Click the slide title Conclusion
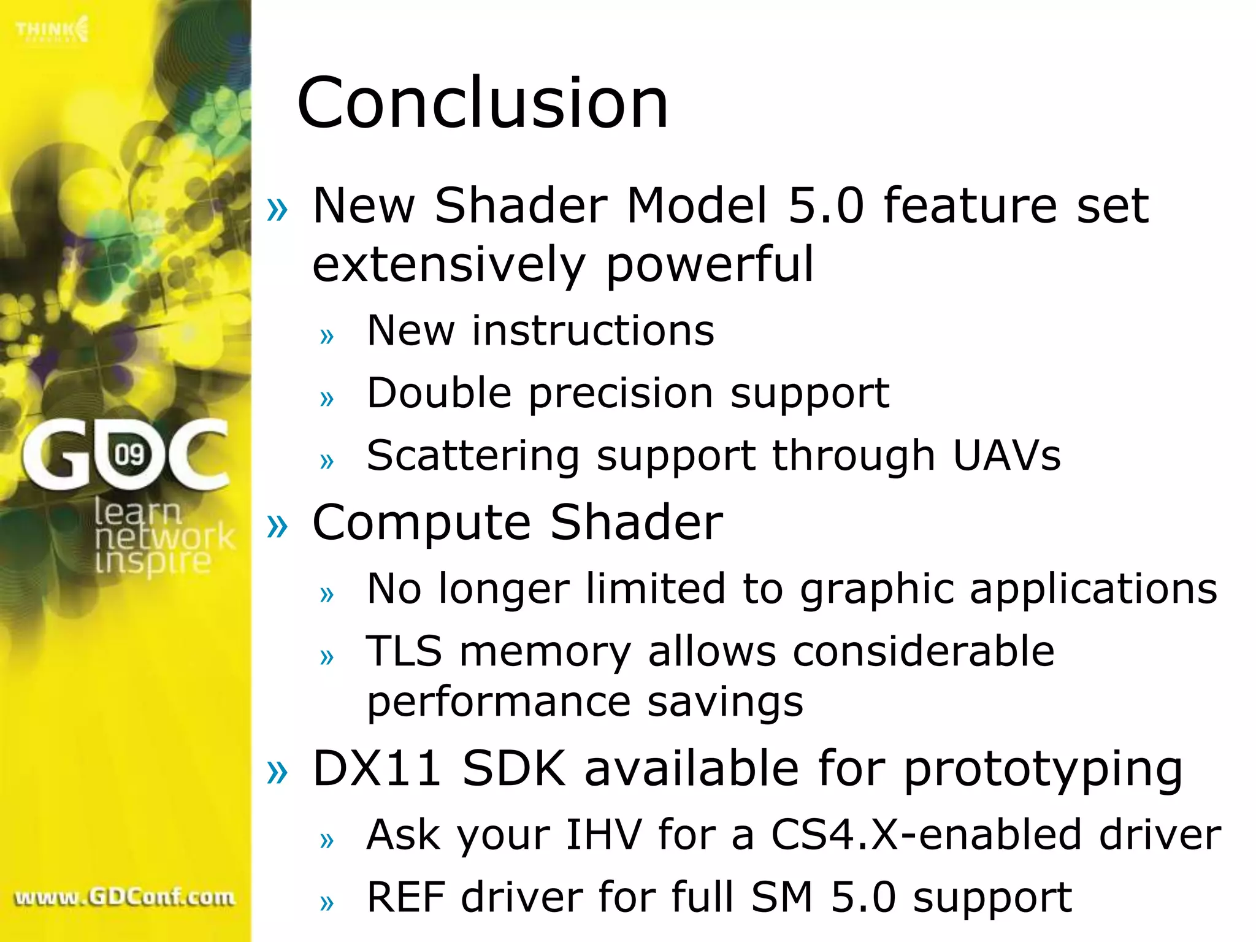482,103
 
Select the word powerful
710,265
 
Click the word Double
438,392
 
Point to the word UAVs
1006,456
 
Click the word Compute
421,523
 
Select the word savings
725,702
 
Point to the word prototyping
1043,770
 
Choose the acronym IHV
603,835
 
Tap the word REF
405,897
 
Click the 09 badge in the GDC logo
129,454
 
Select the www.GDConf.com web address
124,897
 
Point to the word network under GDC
164,537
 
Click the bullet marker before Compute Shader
277,525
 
